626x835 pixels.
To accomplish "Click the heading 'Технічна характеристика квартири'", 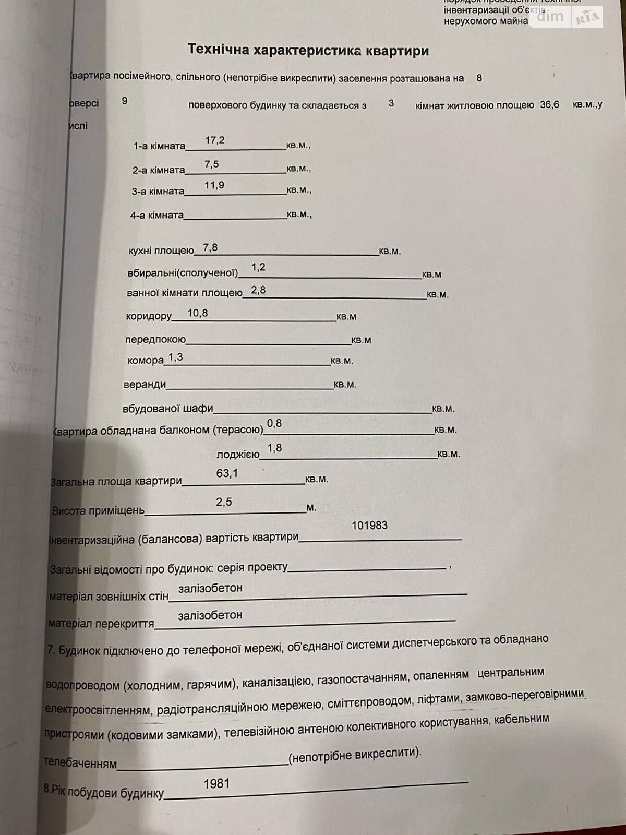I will pos(308,50).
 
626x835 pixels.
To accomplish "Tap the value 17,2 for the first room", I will pos(214,140).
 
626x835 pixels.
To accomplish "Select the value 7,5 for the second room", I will pos(212,164).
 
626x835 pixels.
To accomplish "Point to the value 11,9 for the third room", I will pos(214,185).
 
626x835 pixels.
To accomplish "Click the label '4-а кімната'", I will pos(156,215).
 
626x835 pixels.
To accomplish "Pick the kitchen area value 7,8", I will pos(210,247).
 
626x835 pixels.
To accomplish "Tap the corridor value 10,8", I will pos(197,313).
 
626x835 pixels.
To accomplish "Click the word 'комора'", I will pos(145,361).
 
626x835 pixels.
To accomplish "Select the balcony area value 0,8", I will pos(274,423).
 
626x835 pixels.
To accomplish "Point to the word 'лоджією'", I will pos(238,455).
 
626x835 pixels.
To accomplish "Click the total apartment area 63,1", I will pos(227,473).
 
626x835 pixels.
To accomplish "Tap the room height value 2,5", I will pos(224,502).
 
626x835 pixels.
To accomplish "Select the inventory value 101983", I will pos(369,526).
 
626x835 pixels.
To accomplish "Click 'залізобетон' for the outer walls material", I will pos(210,588).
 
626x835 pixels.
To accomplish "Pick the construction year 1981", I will pos(216,784).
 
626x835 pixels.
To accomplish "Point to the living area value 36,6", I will pos(549,105).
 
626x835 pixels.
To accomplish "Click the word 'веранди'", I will pos(145,385).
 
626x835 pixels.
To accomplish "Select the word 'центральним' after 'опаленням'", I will pos(511,673).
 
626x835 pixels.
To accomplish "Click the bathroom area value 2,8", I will pos(258,290).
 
